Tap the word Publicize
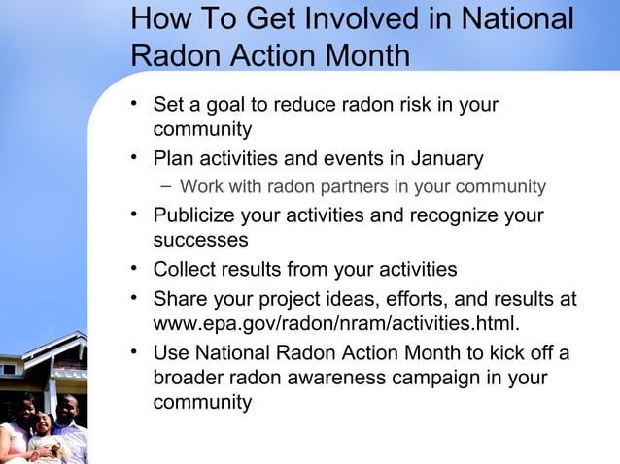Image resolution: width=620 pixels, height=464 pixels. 198,215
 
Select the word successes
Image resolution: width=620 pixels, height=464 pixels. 199,239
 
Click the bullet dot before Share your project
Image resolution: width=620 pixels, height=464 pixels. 136,297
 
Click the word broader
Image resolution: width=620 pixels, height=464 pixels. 189,378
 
